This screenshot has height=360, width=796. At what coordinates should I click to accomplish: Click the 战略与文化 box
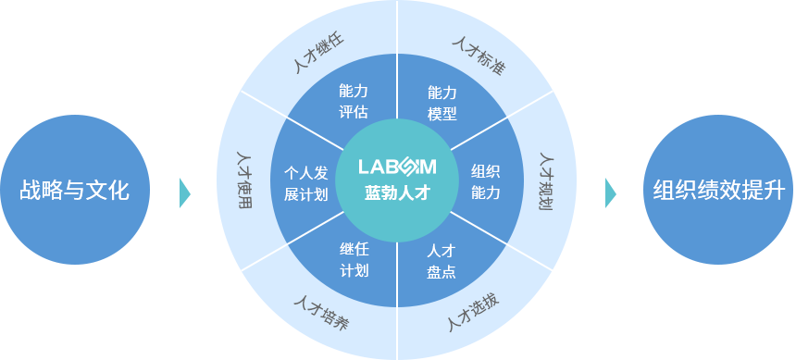pos(75,190)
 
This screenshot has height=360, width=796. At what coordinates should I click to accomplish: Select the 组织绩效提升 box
pos(717,190)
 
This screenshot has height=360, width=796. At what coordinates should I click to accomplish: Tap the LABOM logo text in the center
pos(397,168)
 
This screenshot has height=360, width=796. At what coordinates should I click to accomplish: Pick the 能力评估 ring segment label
pos(354,102)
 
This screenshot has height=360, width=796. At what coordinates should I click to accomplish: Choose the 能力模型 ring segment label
pos(442,103)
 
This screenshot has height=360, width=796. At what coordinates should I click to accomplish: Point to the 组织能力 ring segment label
pos(485,181)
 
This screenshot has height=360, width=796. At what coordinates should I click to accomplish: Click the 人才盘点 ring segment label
pos(441,261)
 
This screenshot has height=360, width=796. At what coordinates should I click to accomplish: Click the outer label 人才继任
pos(318,53)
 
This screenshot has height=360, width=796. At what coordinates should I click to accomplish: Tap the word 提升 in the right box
pos(765,191)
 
